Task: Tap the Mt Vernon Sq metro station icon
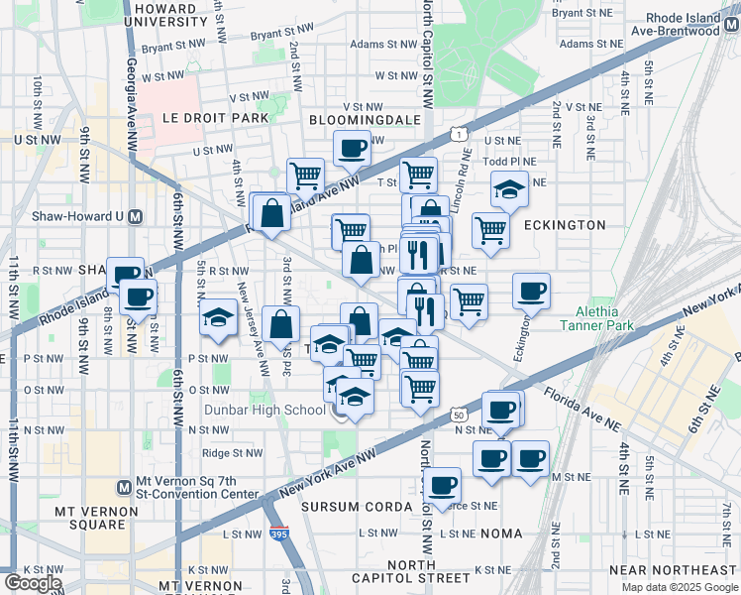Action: [x=124, y=487]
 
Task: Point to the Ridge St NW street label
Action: [x=232, y=453]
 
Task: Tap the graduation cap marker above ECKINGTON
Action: [x=509, y=188]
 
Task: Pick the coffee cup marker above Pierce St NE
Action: [x=442, y=485]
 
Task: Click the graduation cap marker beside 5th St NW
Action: [x=218, y=317]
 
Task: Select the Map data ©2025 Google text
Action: [x=680, y=587]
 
